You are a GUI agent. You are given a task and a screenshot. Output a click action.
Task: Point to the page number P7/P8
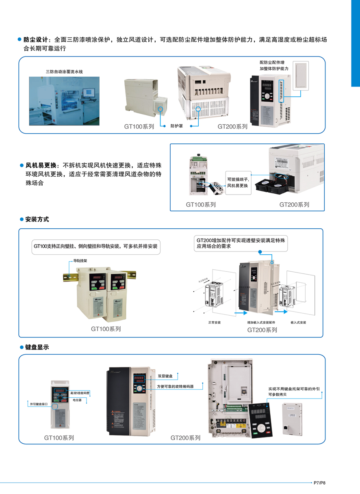[319, 483]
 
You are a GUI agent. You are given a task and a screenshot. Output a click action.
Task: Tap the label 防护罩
[177, 126]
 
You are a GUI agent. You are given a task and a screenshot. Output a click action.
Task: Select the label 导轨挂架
[80, 262]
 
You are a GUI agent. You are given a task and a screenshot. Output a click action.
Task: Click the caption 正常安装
[214, 323]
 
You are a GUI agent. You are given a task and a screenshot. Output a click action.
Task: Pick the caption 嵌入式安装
[298, 323]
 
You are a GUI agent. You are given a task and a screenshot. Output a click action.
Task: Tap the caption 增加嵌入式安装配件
[260, 323]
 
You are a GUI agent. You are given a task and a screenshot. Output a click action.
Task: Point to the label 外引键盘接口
[39, 405]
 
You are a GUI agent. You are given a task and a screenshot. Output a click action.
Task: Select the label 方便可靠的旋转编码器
[175, 387]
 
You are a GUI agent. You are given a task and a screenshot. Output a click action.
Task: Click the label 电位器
[77, 400]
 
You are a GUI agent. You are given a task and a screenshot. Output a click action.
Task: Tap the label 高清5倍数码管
[80, 393]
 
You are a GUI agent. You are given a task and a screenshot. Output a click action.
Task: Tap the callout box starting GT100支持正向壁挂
[95, 247]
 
